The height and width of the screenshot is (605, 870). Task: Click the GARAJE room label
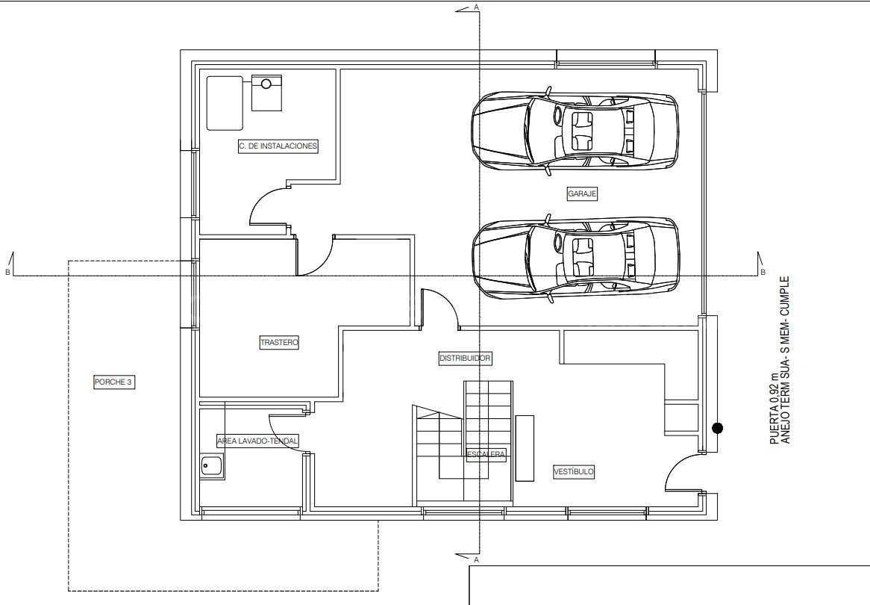point(582,193)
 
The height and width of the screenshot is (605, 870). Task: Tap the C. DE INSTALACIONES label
point(278,146)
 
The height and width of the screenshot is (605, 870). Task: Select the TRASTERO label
point(279,343)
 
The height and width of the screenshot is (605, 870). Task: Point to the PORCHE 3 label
point(114,382)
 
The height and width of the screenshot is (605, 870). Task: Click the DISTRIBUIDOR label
point(465,359)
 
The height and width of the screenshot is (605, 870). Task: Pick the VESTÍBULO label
point(574,472)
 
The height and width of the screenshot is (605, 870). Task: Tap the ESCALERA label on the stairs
point(486,454)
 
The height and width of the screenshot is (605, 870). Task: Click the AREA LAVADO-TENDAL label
point(257,441)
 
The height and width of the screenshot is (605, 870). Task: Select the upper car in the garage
point(575,131)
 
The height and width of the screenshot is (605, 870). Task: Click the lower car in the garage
point(575,258)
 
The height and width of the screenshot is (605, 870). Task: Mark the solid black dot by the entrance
point(718,428)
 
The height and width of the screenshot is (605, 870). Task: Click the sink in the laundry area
point(213,468)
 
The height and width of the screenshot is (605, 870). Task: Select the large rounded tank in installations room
point(225,102)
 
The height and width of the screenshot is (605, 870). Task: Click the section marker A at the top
point(476,7)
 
